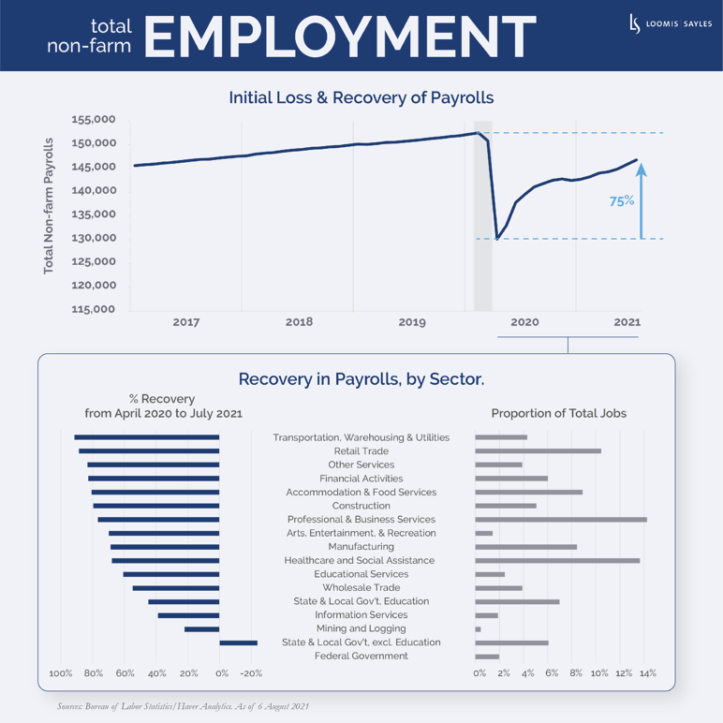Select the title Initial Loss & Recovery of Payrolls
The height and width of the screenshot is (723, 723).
[361, 97]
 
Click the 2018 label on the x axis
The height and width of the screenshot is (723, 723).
[299, 322]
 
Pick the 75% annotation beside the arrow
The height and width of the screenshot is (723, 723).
[622, 200]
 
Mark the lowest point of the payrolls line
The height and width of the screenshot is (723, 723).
[496, 239]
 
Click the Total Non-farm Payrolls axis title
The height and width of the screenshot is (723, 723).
[48, 206]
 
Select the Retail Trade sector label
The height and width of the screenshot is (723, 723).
[361, 450]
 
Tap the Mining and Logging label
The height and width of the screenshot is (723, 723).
[361, 628]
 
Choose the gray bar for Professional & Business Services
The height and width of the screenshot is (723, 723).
[560, 519]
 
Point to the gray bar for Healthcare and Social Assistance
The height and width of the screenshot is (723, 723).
[557, 560]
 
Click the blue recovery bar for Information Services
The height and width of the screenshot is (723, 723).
[188, 615]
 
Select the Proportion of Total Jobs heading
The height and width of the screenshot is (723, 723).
[558, 413]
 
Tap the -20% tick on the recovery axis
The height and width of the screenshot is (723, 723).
[251, 673]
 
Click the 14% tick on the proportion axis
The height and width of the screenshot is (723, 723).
[647, 673]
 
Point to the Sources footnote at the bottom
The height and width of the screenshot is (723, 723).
[183, 705]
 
